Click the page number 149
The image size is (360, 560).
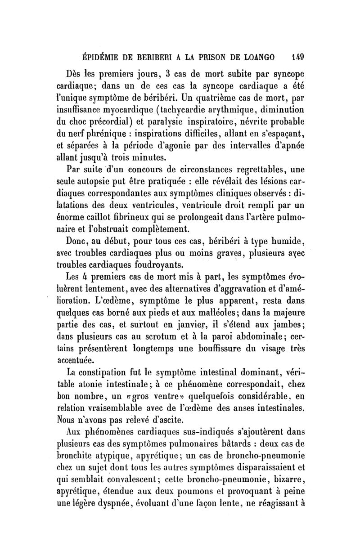[x=299, y=58]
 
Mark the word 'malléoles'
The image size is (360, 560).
[x=198, y=312]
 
